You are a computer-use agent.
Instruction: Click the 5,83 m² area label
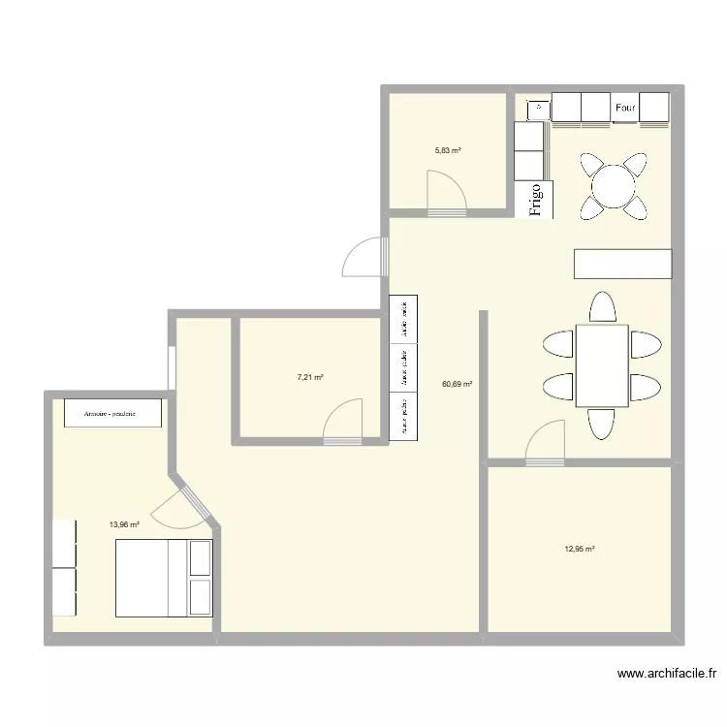pos(447,150)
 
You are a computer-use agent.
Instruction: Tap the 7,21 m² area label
pos(310,377)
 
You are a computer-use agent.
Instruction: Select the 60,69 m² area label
pos(457,384)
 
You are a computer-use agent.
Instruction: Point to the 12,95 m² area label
pos(580,549)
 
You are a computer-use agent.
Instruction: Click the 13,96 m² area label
pos(124,524)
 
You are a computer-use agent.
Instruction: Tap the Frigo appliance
pos(535,199)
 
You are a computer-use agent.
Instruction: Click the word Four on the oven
pos(625,108)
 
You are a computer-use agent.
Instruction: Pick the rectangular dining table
pos(602,365)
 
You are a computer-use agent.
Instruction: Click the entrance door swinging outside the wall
pos(363,257)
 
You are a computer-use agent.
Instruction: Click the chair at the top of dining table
pos(602,306)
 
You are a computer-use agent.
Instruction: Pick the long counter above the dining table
pos(622,265)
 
